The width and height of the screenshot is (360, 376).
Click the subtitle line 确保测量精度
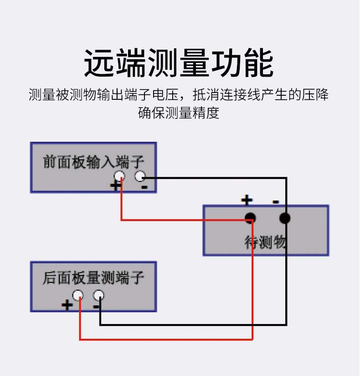click(x=179, y=113)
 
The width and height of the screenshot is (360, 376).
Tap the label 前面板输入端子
click(x=93, y=162)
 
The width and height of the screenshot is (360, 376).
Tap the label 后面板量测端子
click(x=93, y=278)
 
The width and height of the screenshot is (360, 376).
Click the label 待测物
click(x=265, y=242)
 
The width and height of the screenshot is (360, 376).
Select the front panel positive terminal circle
click(x=119, y=176)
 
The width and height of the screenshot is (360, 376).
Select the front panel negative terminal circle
click(x=140, y=176)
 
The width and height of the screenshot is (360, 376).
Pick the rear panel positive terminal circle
click(x=78, y=295)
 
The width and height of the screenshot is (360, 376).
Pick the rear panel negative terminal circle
click(x=98, y=295)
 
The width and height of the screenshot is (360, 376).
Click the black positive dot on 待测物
click(x=250, y=218)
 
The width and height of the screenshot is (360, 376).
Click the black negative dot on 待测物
click(x=285, y=218)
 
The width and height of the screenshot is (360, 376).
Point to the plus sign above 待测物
click(x=247, y=200)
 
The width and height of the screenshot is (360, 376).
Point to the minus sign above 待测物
click(x=276, y=201)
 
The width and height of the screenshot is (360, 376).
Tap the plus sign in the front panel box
click(x=115, y=185)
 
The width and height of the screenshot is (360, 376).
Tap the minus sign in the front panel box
click(x=144, y=186)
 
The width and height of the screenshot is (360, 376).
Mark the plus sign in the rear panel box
click(x=67, y=304)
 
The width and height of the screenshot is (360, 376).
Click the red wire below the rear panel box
click(x=164, y=339)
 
